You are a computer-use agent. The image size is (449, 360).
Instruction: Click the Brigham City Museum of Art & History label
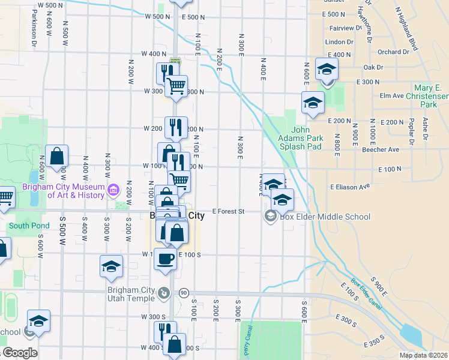click(x=63, y=191)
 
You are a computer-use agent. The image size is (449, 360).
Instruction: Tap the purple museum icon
click(x=113, y=191)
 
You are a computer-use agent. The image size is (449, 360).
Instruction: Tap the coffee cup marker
click(x=166, y=259)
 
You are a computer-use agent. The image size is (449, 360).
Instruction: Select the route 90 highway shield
click(x=184, y=293)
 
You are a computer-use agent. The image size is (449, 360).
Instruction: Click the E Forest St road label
click(x=229, y=211)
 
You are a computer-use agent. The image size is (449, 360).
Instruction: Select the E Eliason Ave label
click(x=349, y=187)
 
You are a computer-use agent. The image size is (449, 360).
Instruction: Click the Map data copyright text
click(x=424, y=355)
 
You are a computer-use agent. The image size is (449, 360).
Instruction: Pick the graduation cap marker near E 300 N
click(x=327, y=70)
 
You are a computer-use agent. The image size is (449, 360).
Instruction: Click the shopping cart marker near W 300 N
click(x=176, y=86)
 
